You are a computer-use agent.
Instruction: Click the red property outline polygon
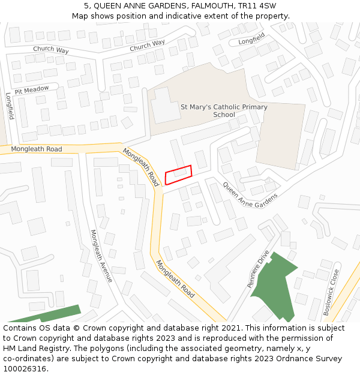[179, 175]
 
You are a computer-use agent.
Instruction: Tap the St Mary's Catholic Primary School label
[224, 110]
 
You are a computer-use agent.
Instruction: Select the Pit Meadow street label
[32, 90]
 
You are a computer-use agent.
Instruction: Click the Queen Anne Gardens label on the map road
[250, 194]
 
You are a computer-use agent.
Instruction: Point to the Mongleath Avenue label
[101, 256]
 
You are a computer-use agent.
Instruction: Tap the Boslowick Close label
[331, 292]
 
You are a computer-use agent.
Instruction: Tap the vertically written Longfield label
[9, 106]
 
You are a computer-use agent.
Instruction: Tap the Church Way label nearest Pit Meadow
[51, 49]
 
